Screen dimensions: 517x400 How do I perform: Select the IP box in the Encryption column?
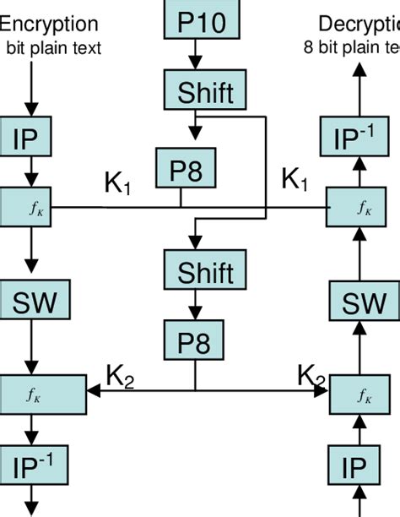pos(30,138)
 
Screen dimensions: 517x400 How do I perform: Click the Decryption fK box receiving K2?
pos(363,394)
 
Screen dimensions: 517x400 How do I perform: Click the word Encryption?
pos(51,24)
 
